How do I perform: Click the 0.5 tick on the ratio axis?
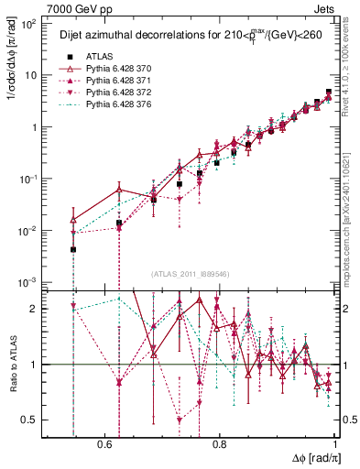[33, 420]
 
